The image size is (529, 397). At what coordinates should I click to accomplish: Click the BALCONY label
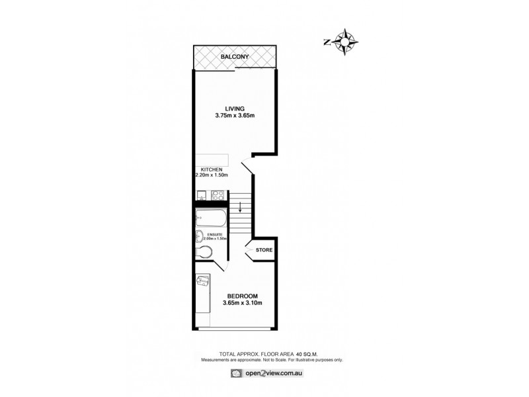(x=235, y=58)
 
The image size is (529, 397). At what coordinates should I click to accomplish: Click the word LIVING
(x=234, y=109)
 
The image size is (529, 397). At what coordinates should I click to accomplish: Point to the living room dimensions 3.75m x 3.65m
(x=234, y=116)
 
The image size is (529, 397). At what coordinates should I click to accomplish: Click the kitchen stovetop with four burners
(x=218, y=195)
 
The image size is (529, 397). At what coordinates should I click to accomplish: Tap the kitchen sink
(x=202, y=195)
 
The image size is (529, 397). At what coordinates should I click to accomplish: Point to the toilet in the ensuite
(x=205, y=252)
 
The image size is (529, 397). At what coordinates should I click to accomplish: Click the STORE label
(x=264, y=250)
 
